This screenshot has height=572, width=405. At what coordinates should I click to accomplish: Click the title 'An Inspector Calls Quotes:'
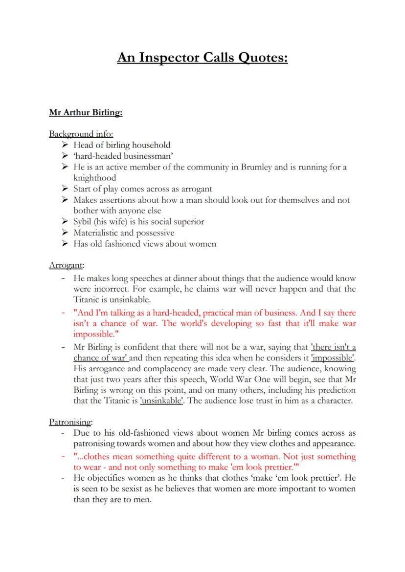tap(202, 58)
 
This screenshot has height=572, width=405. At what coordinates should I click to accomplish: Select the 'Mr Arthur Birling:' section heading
tap(86, 112)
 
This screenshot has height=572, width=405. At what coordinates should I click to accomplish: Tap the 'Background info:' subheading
tap(81, 134)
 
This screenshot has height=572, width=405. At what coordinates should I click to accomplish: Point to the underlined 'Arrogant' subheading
tap(66, 265)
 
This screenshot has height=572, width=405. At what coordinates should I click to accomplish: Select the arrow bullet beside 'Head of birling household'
tap(65, 145)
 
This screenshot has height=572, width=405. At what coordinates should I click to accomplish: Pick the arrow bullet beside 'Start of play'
tap(65, 189)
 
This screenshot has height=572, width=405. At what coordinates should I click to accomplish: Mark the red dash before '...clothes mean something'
tap(63, 456)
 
